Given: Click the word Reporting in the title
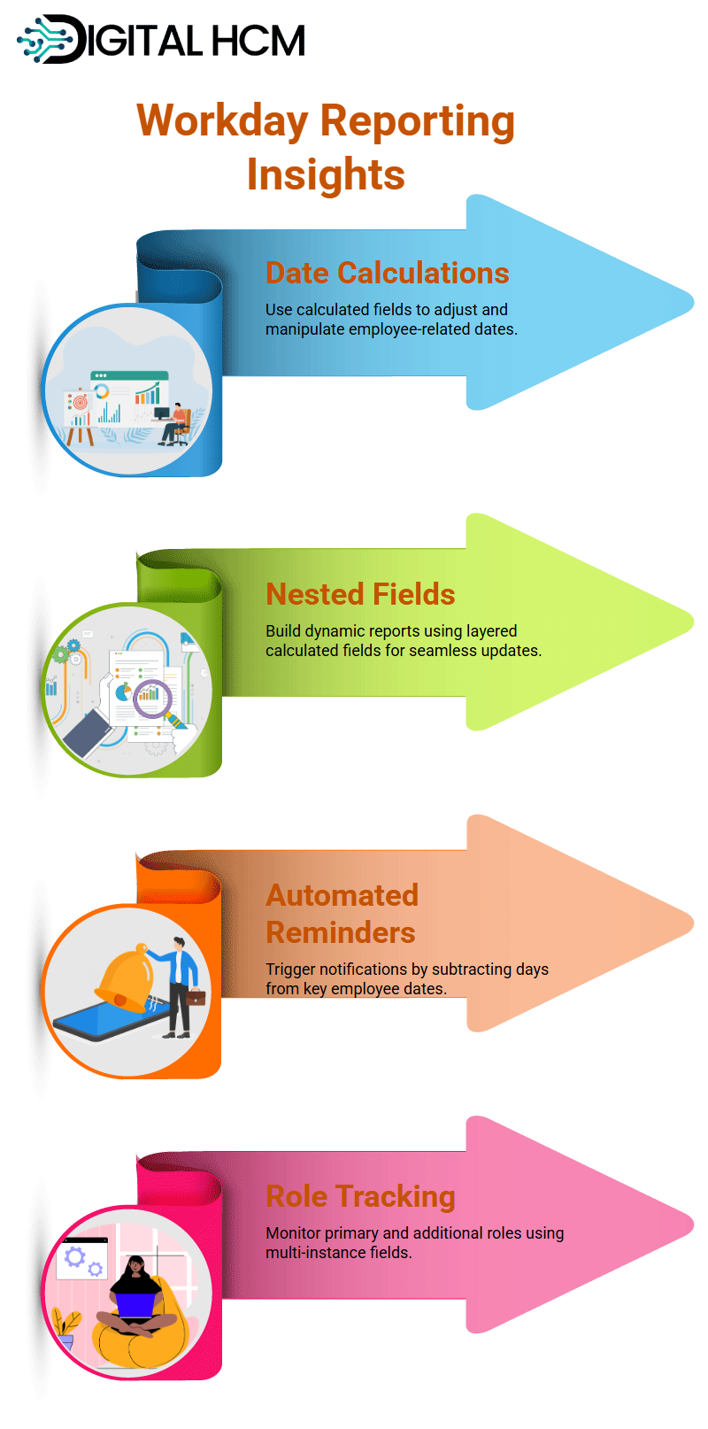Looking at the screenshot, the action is tap(417, 122).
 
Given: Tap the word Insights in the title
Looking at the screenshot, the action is tap(326, 174).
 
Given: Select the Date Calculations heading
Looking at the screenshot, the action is tap(387, 273).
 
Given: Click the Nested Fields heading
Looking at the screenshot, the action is tap(360, 594).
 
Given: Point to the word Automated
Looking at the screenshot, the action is tap(342, 895).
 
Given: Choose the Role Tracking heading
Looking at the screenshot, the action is tap(360, 1196).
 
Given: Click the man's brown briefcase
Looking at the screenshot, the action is tap(196, 997).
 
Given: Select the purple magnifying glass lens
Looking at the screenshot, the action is tap(152, 699).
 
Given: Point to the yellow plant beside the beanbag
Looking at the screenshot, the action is tap(65, 1328).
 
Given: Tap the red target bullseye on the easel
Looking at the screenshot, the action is tap(80, 403).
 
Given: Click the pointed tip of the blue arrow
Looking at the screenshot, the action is tap(693, 302).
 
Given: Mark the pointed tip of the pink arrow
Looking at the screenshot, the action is tap(693, 1224).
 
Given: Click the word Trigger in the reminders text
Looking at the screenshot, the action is tap(291, 969).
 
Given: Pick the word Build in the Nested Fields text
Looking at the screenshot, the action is tap(283, 630).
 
